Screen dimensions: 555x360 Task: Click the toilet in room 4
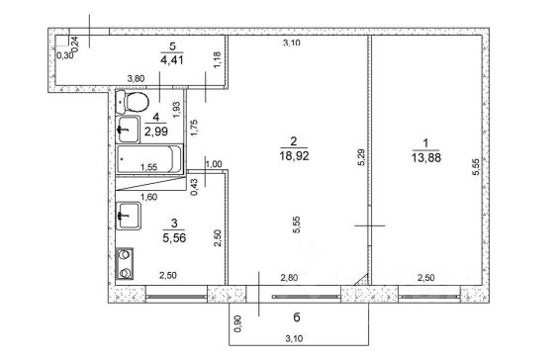(133, 102)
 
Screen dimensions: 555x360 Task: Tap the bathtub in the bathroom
(149, 159)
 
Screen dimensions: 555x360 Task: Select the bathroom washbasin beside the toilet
(129, 130)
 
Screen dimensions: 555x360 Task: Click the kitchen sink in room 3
(129, 216)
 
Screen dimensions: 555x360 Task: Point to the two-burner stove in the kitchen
(125, 264)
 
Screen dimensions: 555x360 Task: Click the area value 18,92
(294, 155)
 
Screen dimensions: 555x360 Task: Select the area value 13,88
(426, 157)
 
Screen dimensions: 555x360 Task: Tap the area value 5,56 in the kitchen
(174, 238)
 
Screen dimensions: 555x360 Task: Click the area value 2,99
(156, 132)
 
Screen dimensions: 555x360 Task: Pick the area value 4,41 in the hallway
(172, 59)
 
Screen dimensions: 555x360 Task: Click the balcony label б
(297, 317)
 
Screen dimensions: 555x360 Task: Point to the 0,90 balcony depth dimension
(238, 323)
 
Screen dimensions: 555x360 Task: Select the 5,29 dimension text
(361, 157)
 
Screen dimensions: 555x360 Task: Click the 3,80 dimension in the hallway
(136, 78)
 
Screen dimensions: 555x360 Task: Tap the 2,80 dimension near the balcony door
(289, 278)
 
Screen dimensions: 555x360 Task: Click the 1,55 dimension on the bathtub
(148, 167)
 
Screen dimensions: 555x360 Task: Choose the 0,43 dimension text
(194, 187)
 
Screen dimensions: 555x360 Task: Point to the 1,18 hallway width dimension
(218, 59)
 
